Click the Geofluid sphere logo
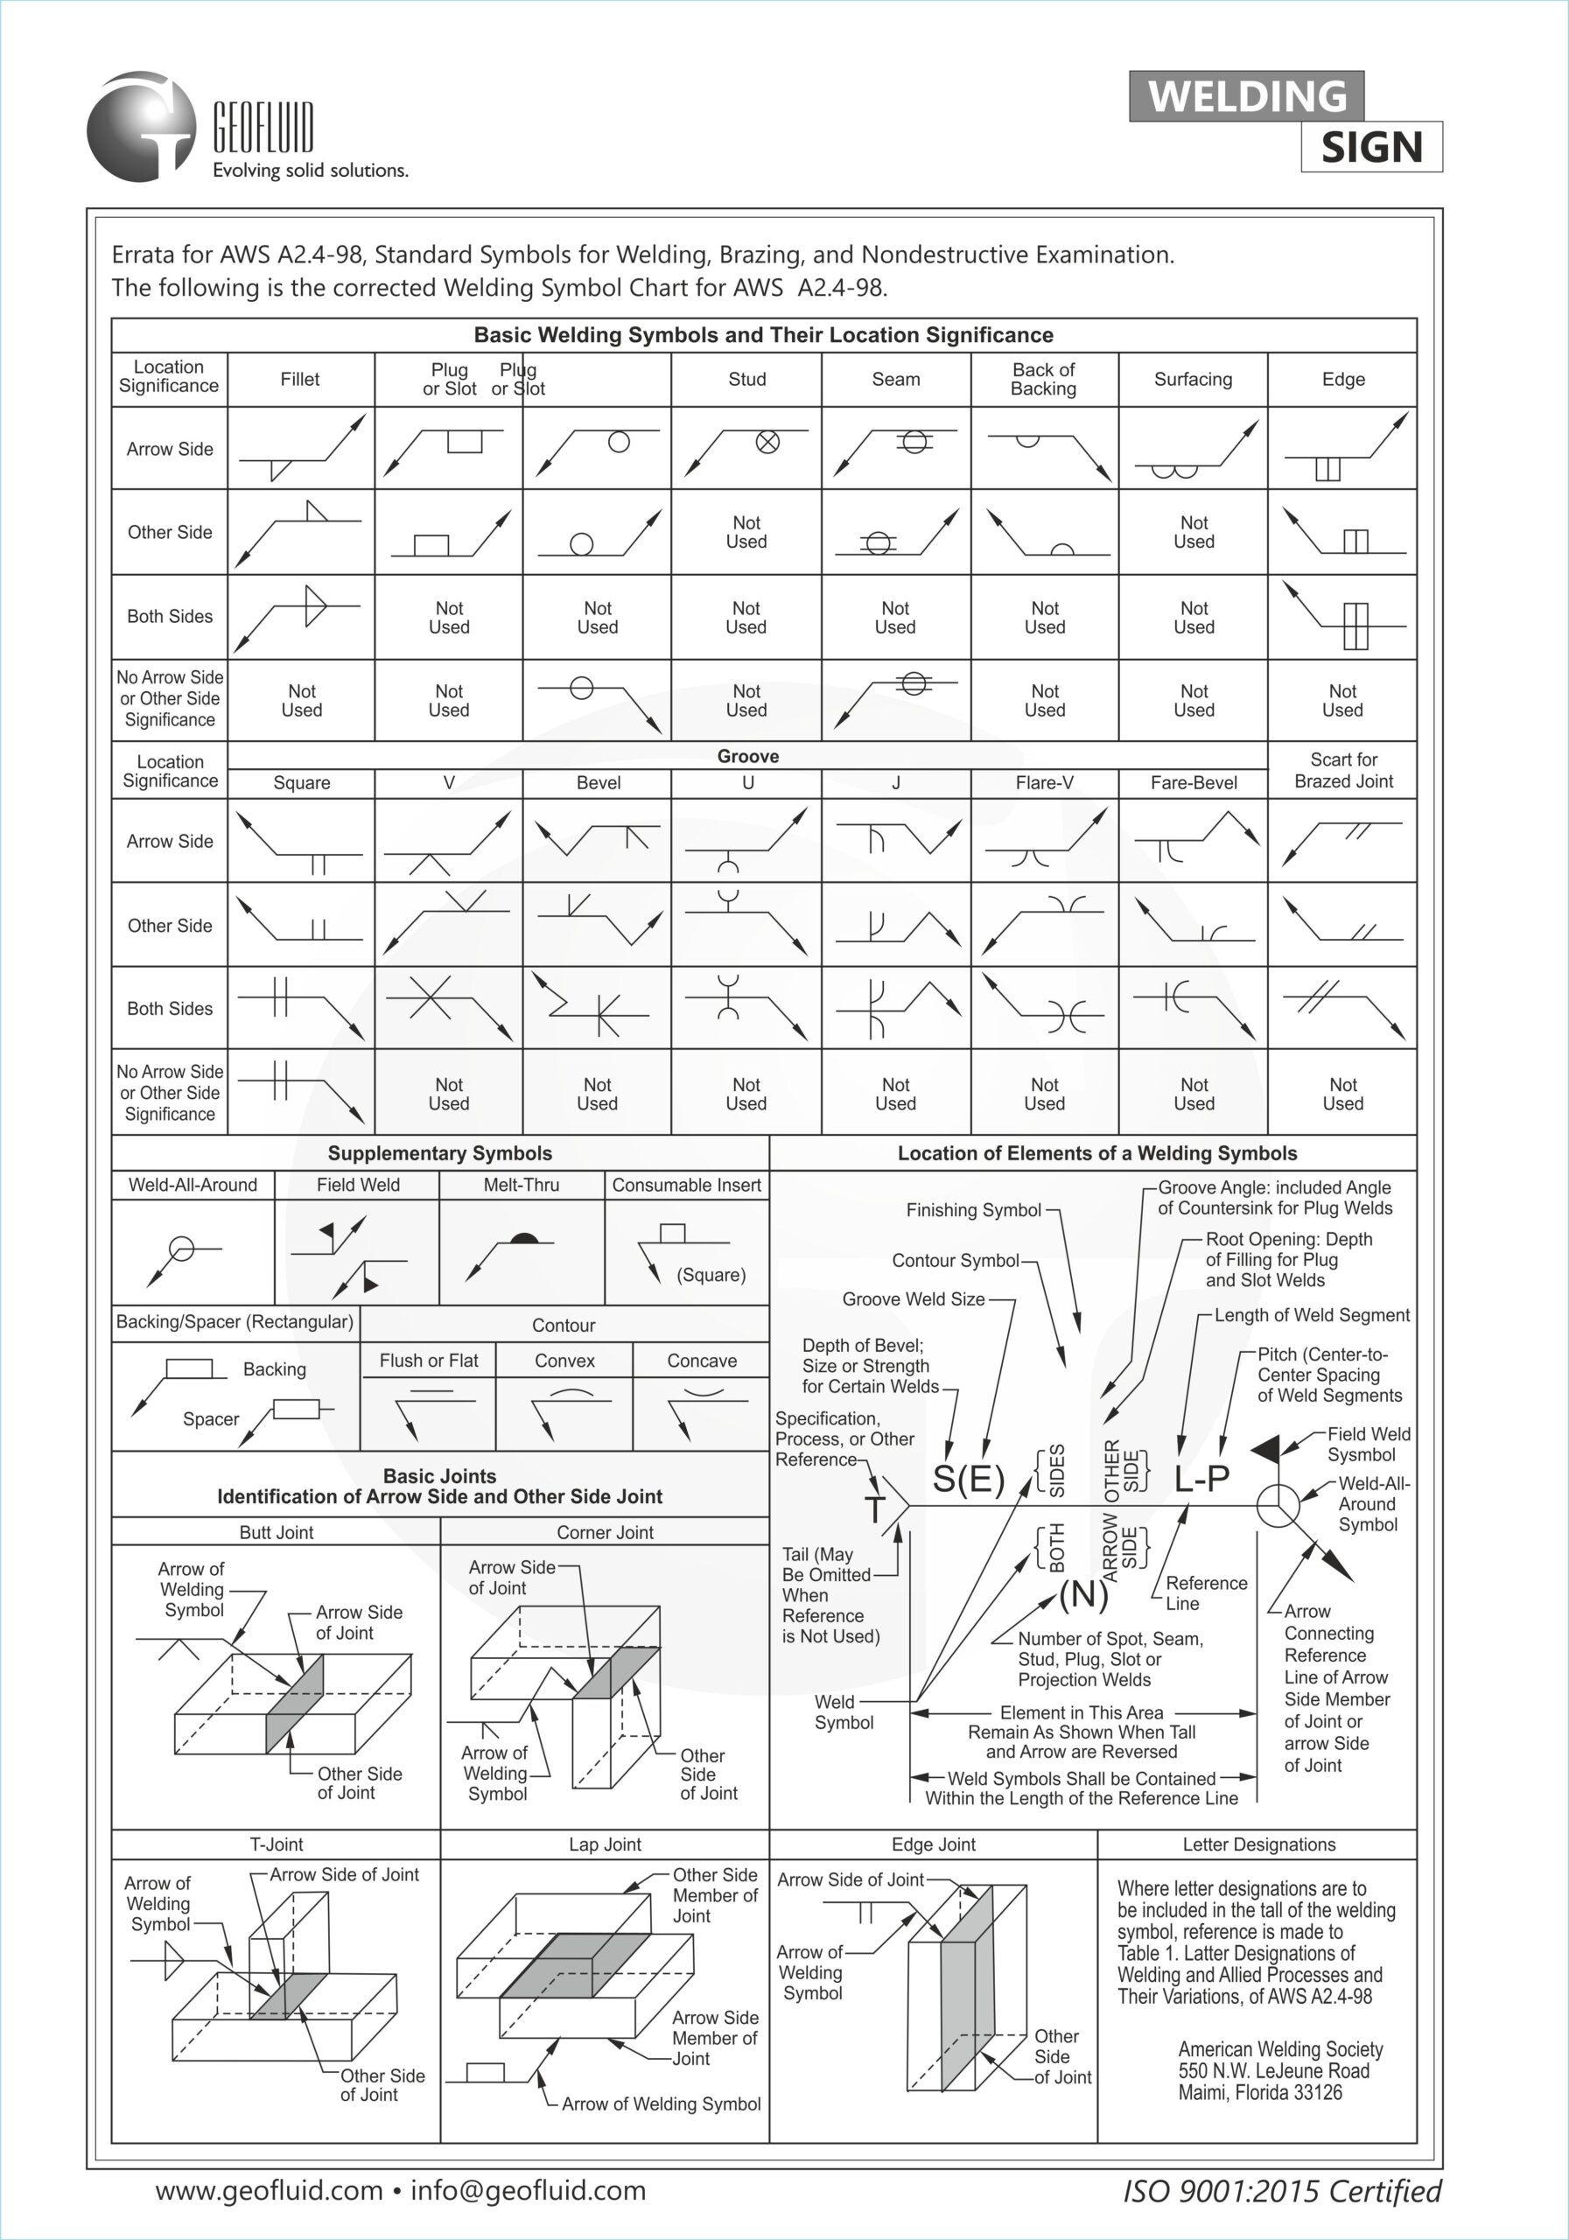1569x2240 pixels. coord(142,127)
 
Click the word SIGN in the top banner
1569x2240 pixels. coord(1371,147)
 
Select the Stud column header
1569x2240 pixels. coord(746,380)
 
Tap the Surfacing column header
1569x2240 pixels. coord(1193,380)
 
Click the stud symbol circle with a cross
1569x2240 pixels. coord(768,442)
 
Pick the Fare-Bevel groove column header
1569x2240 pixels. coord(1194,782)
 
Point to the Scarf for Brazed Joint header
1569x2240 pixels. coord(1342,770)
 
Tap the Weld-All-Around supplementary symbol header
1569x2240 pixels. coord(193,1185)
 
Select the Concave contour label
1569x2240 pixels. coord(702,1360)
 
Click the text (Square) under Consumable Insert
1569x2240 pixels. coord(711,1274)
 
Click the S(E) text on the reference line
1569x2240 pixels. coord(968,1479)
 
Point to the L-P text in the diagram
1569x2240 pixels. coord(1201,1479)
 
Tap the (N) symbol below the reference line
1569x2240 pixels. coord(1083,1593)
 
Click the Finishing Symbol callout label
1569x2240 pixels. coord(974,1210)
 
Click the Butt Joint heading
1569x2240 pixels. coord(277,1532)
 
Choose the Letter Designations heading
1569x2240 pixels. coord(1258,1844)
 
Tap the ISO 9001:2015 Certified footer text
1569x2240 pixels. coord(1282,2191)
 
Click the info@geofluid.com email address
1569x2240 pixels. coord(528,2190)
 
